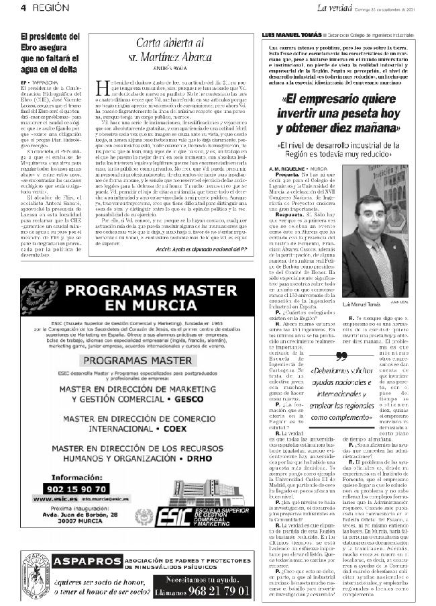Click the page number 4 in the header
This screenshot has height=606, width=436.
[x=23, y=8]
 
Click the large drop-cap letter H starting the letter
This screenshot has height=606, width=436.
[x=103, y=86]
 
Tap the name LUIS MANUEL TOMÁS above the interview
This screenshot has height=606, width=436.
[x=290, y=34]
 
